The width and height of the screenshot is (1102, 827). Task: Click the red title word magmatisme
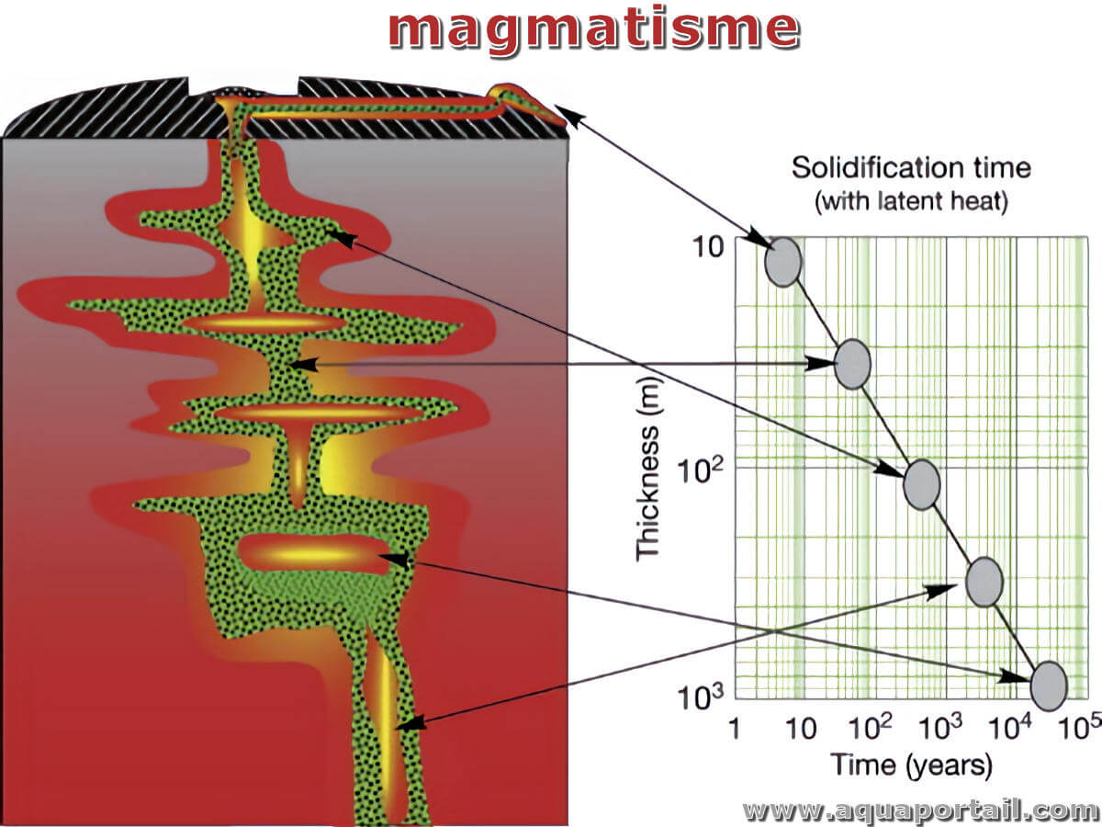[x=594, y=31]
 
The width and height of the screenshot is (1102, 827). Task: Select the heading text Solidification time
[x=911, y=168]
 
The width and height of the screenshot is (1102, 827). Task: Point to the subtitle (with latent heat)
[x=911, y=201]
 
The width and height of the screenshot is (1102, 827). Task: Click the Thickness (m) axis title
[x=648, y=469]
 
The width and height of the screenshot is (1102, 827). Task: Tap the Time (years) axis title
[x=911, y=765]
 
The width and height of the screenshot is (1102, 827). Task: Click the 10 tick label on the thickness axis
[x=708, y=247]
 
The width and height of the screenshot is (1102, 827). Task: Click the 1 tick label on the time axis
[x=735, y=729]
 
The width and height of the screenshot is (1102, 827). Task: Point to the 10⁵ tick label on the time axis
[x=1080, y=727]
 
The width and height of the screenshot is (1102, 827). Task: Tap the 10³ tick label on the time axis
[x=940, y=727]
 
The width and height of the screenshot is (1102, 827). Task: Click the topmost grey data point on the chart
[x=783, y=262]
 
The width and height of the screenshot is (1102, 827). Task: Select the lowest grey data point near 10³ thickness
[x=1049, y=685]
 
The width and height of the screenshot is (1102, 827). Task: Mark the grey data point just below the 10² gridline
[x=921, y=485]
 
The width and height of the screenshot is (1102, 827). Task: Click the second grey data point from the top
[x=852, y=364]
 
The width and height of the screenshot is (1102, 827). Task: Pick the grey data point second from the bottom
[x=984, y=582]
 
